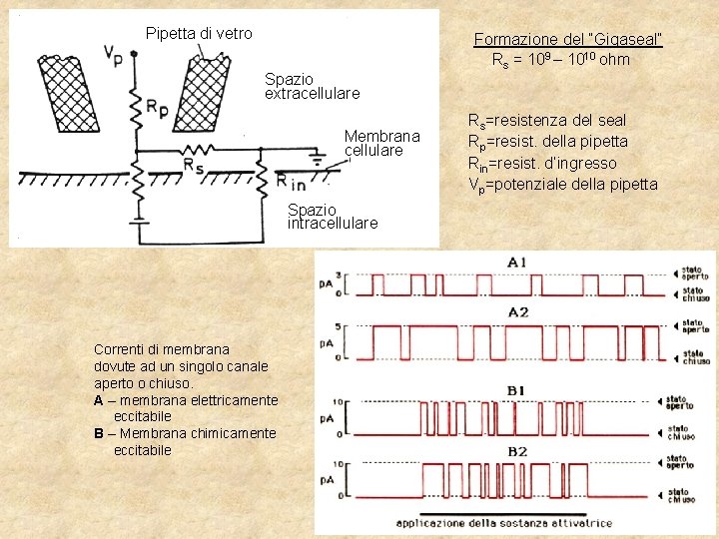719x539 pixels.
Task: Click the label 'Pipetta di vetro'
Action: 199,33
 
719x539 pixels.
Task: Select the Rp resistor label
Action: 157,105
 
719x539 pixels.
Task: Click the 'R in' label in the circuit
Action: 292,182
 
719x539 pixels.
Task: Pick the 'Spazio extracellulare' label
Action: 312,86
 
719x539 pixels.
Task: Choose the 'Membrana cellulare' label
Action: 382,143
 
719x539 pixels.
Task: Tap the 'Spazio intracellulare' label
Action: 333,217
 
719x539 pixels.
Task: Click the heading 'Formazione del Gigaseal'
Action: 568,39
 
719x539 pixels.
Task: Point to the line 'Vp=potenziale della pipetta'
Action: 563,184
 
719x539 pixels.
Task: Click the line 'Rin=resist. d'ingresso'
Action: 542,163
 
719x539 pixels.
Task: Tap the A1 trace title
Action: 517,262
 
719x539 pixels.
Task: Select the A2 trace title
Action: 517,312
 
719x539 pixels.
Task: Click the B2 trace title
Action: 517,451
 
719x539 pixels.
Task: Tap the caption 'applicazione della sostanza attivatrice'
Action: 504,523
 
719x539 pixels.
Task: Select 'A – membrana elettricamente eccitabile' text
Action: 185,407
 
